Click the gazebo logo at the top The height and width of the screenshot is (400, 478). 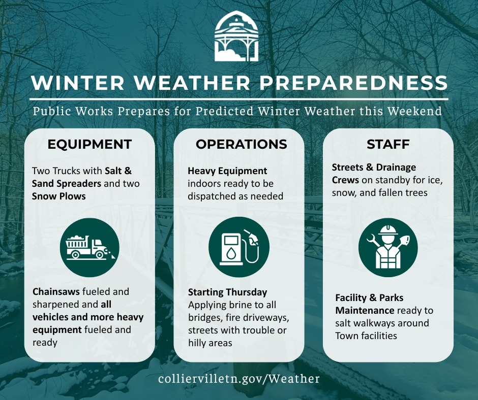click(236, 36)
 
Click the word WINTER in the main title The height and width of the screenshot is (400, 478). click(78, 83)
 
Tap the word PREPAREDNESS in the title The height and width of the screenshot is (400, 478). click(353, 83)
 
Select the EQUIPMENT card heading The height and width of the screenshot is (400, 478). click(89, 144)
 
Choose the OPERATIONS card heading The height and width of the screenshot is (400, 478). click(242, 144)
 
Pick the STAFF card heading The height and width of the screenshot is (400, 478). click(388, 144)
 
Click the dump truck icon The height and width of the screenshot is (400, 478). click(89, 247)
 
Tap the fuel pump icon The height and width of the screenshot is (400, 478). click(239, 247)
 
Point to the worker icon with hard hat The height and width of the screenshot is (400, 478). click(388, 248)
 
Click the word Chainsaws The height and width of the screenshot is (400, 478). click(56, 292)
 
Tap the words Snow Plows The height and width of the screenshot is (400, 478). click(59, 196)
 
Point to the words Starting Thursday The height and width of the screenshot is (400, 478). click(227, 292)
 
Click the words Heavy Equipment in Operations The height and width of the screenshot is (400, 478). click(227, 171)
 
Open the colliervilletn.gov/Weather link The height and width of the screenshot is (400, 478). click(239, 379)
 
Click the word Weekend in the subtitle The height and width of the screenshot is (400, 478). click(414, 111)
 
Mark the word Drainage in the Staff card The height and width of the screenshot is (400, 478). click(396, 168)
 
